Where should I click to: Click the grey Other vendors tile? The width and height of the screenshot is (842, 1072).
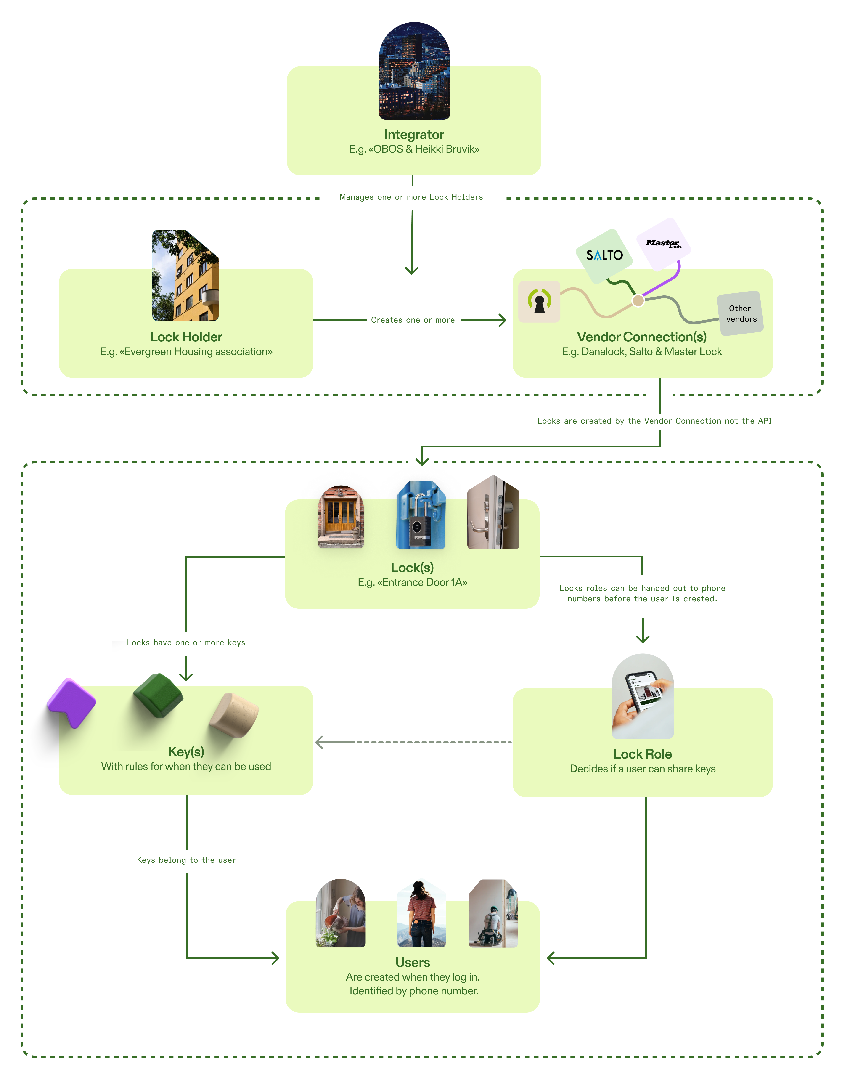click(740, 314)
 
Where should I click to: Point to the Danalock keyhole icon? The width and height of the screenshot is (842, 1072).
click(539, 301)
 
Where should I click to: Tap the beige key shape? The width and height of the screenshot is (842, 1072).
click(234, 715)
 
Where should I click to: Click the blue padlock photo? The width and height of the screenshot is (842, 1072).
click(421, 515)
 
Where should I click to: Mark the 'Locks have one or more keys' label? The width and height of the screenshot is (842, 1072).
click(186, 642)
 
